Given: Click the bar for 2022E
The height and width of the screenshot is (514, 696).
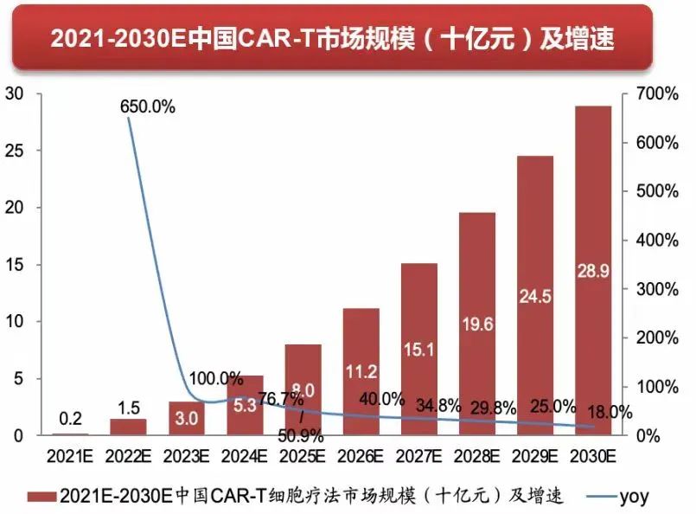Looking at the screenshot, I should point(128,427).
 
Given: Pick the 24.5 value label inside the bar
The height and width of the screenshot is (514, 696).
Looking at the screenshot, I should point(535,296).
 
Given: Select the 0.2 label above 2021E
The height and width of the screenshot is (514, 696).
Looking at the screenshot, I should point(71,419).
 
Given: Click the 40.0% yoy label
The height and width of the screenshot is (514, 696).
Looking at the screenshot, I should point(381,399).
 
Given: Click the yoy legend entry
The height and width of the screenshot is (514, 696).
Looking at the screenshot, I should point(632,497).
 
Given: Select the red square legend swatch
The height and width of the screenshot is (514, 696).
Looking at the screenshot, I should point(38,497).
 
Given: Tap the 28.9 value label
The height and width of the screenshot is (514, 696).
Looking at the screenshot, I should point(594,271).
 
